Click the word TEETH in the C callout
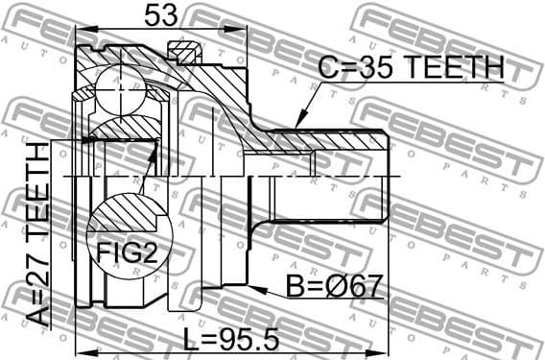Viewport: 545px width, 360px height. pos(457,66)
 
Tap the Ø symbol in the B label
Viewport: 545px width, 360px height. pos(341,287)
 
